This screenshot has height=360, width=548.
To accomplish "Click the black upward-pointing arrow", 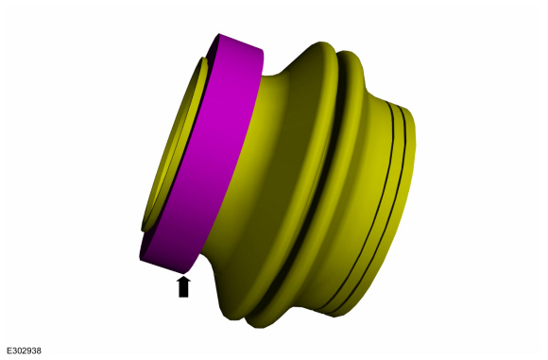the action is pos(183,286).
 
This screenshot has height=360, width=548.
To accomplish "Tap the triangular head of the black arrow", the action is pos(183,280).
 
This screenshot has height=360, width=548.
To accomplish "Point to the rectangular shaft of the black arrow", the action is pos(183,290).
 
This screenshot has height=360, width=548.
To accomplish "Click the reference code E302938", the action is pos(25,351).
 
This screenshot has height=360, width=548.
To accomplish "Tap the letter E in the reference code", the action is pos(9,351).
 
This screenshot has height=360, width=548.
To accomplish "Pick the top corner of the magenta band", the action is pos(219,34).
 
